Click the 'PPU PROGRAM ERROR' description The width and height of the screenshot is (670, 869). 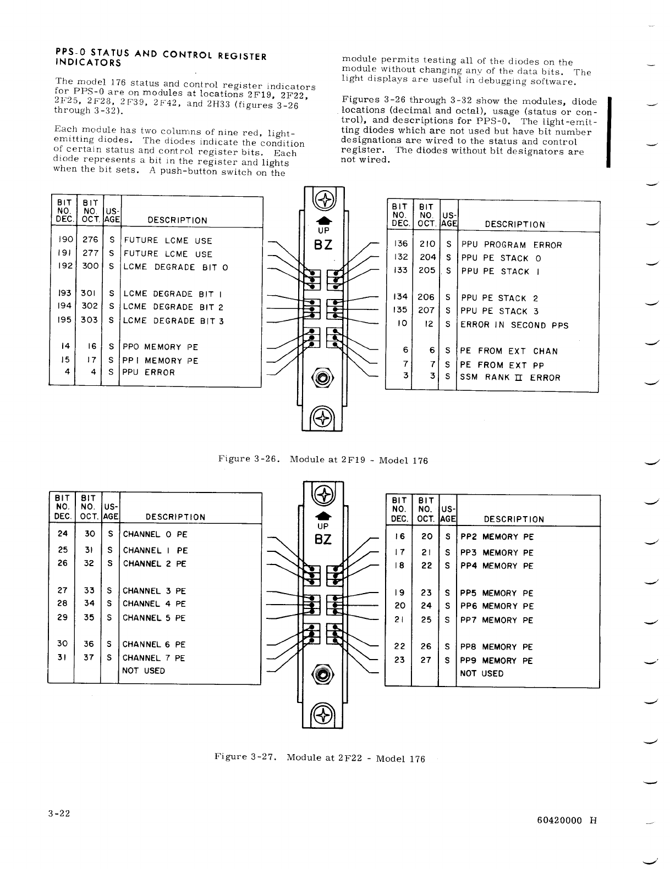pyautogui.click(x=511, y=245)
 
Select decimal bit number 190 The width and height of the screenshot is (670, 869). pyautogui.click(x=65, y=240)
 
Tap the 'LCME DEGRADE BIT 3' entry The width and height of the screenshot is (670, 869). pyautogui.click(x=173, y=321)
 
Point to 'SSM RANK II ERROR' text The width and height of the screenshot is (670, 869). pyautogui.click(x=510, y=378)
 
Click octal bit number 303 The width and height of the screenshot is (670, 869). pyautogui.click(x=90, y=320)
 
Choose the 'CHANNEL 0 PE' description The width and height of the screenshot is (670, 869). pyautogui.click(x=155, y=534)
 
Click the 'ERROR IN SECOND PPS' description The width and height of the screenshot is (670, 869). pyautogui.click(x=514, y=325)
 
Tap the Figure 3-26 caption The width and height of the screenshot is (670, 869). pyautogui.click(x=322, y=460)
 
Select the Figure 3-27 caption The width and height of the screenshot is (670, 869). pyautogui.click(x=320, y=758)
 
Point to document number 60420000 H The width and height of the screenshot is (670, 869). pyautogui.click(x=567, y=820)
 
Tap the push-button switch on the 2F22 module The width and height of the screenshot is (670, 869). pyautogui.click(x=323, y=673)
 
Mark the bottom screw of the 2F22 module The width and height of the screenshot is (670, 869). pyautogui.click(x=323, y=715)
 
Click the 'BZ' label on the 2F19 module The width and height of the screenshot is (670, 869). pyautogui.click(x=323, y=245)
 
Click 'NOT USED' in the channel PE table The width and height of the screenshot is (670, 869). pyautogui.click(x=144, y=671)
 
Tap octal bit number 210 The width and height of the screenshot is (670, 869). pyautogui.click(x=427, y=245)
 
